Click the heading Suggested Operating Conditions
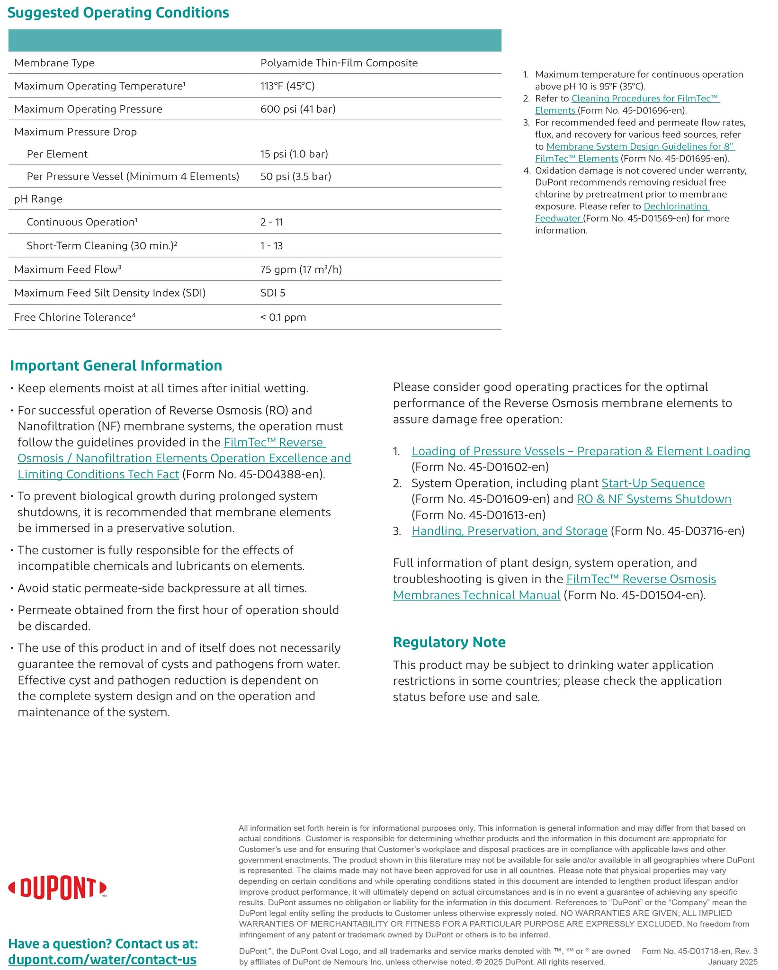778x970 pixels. pyautogui.click(x=118, y=13)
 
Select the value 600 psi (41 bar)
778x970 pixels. pyautogui.click(x=298, y=109)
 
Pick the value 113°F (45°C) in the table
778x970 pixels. pyautogui.click(x=287, y=86)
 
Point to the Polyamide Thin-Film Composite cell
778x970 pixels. pyautogui.click(x=339, y=63)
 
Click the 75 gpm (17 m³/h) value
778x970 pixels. pyautogui.click(x=301, y=269)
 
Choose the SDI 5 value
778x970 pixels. pyautogui.click(x=273, y=293)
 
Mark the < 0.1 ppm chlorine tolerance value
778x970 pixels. pyautogui.click(x=283, y=317)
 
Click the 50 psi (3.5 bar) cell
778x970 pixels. pyautogui.click(x=296, y=177)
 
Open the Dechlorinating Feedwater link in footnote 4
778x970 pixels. pyautogui.click(x=676, y=207)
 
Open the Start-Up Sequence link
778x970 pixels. pyautogui.click(x=653, y=483)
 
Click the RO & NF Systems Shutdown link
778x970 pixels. pyautogui.click(x=654, y=499)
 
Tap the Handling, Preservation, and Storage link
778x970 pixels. pyautogui.click(x=510, y=531)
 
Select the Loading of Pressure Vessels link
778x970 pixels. pyautogui.click(x=581, y=451)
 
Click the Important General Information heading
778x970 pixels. pyautogui.click(x=116, y=366)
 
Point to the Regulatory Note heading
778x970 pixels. pyautogui.click(x=449, y=642)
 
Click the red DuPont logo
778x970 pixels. pyautogui.click(x=57, y=888)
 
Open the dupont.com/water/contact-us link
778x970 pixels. pyautogui.click(x=102, y=960)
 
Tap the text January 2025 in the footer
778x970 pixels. pyautogui.click(x=733, y=962)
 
